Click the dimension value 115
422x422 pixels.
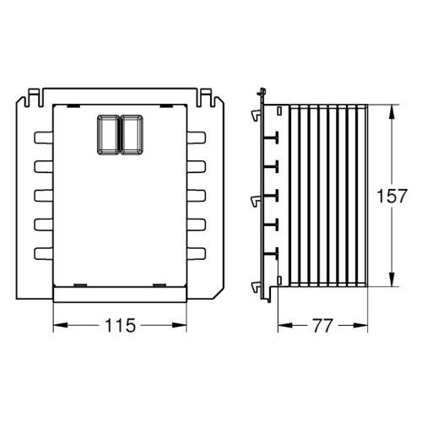click(x=120, y=325)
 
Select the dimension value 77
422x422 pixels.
click(x=322, y=326)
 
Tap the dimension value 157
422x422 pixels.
click(x=392, y=196)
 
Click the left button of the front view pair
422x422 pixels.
click(x=108, y=134)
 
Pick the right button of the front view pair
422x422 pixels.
click(x=132, y=134)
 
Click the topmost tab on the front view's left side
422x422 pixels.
click(x=44, y=138)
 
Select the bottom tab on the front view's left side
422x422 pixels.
click(x=44, y=253)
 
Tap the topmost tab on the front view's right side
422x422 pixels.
click(x=197, y=138)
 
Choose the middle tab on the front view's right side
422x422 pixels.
click(x=197, y=196)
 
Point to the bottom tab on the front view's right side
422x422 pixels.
click(x=197, y=253)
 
